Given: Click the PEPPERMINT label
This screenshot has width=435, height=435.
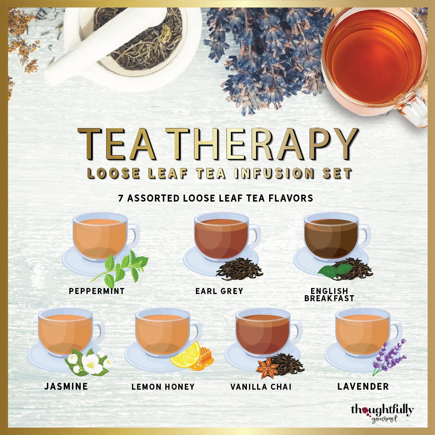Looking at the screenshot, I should (x=97, y=291).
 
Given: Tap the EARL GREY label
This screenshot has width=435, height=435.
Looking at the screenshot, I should (x=219, y=291).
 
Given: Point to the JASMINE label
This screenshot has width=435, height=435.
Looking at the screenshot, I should (x=66, y=386).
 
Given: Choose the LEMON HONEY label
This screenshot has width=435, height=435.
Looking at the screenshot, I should (x=163, y=387).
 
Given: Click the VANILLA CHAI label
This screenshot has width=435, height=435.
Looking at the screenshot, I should (x=261, y=387).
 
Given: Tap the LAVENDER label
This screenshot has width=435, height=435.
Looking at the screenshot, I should (x=363, y=386).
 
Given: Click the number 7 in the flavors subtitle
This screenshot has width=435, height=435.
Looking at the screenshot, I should (x=121, y=198).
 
